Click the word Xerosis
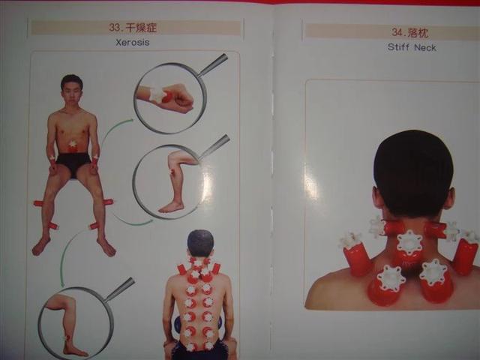(133, 42)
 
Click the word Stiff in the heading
(398, 47)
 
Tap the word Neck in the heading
(425, 48)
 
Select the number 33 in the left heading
(115, 28)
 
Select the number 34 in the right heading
(397, 32)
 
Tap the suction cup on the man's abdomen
(73, 146)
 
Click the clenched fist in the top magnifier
(179, 100)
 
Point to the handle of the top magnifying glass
(213, 64)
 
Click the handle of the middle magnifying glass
(214, 146)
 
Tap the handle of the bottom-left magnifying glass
(120, 289)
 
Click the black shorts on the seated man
(73, 163)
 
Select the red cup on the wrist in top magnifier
(166, 97)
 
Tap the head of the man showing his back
(200, 244)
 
